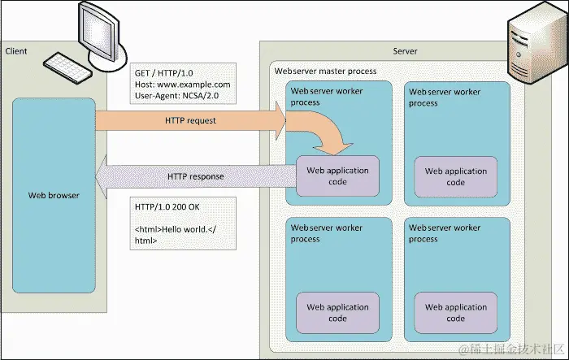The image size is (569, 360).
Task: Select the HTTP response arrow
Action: pos(195,176)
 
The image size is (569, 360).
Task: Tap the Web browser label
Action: pos(54,195)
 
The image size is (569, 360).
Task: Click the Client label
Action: pos(16,51)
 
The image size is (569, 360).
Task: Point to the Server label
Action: pos(405,51)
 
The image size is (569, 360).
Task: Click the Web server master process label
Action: pos(325,71)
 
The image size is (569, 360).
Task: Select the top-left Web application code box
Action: pos(337,176)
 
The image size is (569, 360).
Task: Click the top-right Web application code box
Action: pos(455,176)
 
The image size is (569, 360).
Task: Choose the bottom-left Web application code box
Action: pos(337,312)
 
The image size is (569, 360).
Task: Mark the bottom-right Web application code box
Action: pos(455,312)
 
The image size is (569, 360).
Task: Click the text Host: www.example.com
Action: pos(183,85)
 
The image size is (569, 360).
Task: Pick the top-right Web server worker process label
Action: pos(445,98)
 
